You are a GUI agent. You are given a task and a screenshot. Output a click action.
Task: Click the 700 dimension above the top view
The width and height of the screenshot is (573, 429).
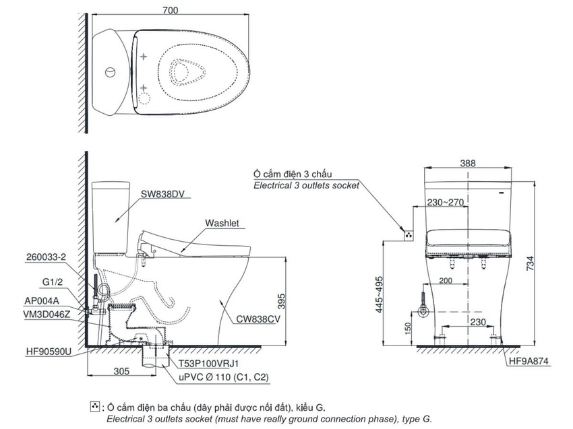pyautogui.click(x=171, y=10)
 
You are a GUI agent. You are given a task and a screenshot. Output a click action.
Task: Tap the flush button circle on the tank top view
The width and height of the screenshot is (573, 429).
pyautogui.click(x=111, y=72)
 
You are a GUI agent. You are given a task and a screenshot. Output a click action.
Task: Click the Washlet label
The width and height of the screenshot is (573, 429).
pyautogui.click(x=222, y=223)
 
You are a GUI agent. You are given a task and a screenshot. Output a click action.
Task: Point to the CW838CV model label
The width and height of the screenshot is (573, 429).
pyautogui.click(x=258, y=319)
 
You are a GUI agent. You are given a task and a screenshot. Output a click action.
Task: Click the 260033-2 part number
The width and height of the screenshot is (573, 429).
pyautogui.click(x=46, y=257)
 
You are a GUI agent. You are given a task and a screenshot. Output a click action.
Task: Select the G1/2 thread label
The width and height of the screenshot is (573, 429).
pyautogui.click(x=53, y=282)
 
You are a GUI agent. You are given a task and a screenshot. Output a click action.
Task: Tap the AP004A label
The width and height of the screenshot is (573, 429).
pyautogui.click(x=42, y=301)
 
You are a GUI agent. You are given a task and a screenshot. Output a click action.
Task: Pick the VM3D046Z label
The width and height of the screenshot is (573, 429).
pyautogui.click(x=47, y=315)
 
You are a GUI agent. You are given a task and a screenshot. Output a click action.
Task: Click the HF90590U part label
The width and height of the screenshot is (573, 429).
pyautogui.click(x=49, y=352)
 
